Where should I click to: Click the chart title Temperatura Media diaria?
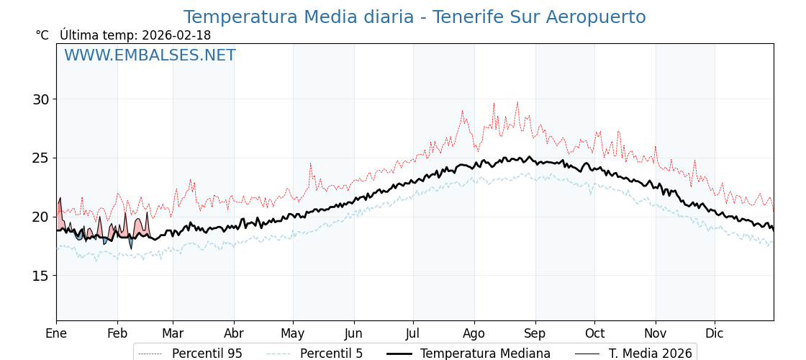point(415,17)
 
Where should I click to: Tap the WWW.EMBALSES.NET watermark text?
point(150,55)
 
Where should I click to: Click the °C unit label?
point(42,35)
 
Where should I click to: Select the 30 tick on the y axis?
point(41,99)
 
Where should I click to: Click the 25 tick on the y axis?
point(41,158)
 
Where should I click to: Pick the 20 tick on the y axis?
point(41,217)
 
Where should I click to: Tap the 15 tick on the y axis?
point(41,276)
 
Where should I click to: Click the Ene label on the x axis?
point(56,333)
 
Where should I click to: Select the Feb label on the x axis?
point(117,333)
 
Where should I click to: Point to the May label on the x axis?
point(293,333)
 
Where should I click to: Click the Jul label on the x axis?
point(413,333)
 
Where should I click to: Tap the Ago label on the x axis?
point(474,333)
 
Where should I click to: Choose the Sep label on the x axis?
point(535,333)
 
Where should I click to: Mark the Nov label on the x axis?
point(655,333)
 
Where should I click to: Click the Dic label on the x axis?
point(715,333)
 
